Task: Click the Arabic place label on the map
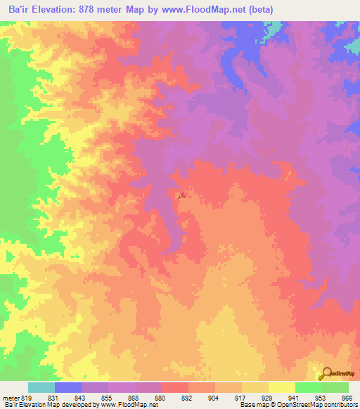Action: click(182, 193)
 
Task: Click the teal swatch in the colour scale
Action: click(41, 387)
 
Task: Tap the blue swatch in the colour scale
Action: click(67, 387)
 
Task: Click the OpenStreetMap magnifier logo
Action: click(326, 374)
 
